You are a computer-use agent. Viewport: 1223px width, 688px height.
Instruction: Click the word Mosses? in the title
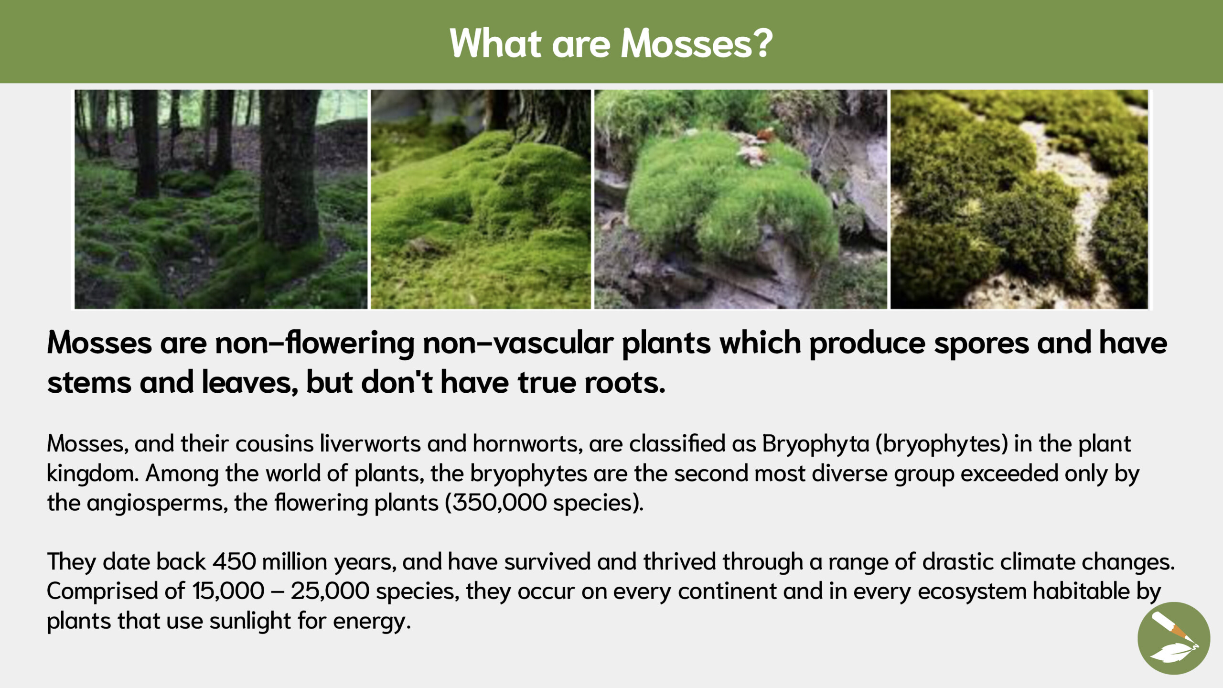point(697,43)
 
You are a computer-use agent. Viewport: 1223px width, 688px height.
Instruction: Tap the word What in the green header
point(495,43)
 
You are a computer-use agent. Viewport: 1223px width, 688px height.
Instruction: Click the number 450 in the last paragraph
point(234,562)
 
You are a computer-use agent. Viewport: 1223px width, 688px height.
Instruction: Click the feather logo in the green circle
point(1174,638)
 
